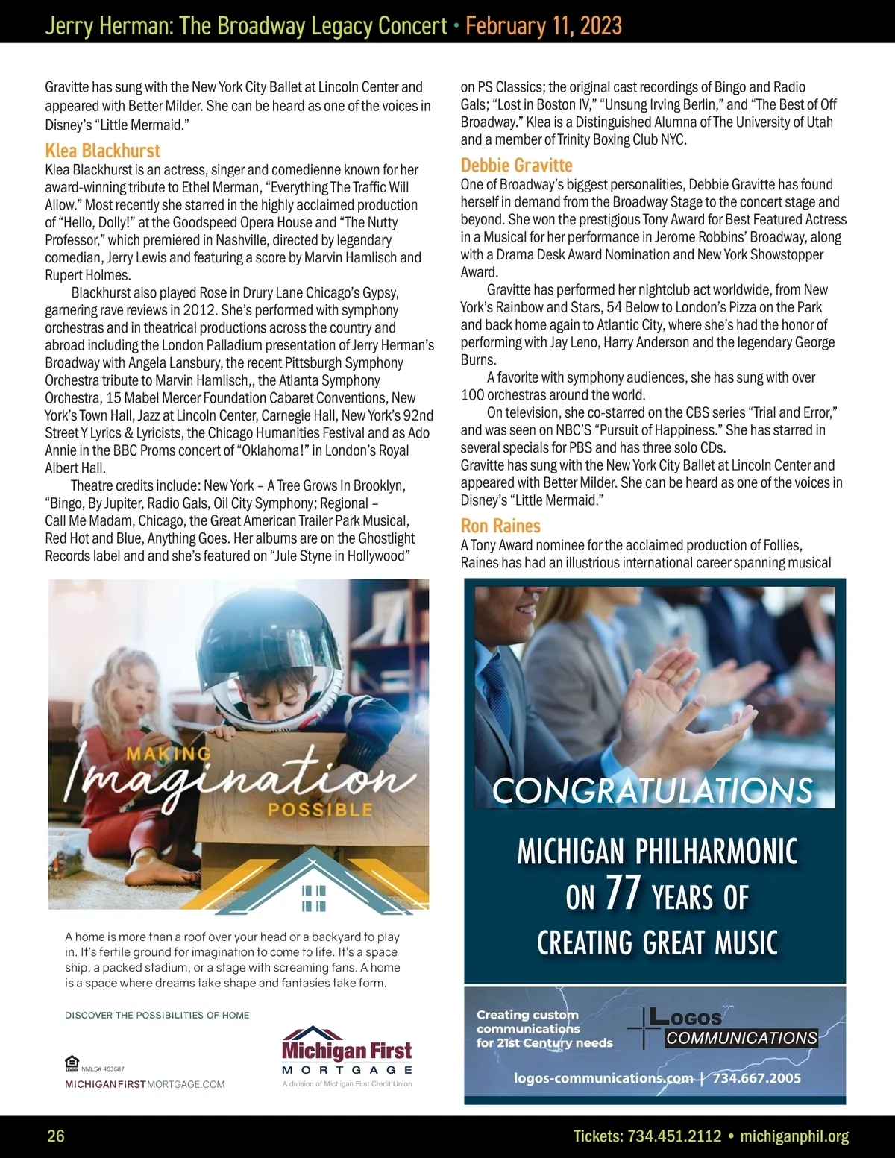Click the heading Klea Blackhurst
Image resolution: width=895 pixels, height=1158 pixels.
tap(103, 151)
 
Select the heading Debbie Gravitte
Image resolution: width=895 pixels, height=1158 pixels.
tap(517, 166)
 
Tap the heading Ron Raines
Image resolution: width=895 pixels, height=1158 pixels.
tap(500, 526)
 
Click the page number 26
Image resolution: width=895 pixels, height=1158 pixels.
tap(56, 1136)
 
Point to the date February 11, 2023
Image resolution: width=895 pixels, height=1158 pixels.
tap(544, 26)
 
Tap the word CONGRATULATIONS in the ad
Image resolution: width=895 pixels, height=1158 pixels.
tap(653, 790)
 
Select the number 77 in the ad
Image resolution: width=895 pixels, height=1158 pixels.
tap(623, 893)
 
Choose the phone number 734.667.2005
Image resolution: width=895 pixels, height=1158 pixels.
tap(756, 1078)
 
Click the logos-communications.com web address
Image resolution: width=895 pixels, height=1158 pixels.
tap(603, 1078)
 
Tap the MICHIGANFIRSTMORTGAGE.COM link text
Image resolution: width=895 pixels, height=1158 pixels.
tap(145, 1084)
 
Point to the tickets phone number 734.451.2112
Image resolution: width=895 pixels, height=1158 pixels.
tap(674, 1136)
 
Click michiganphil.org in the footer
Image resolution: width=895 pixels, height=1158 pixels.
tap(794, 1136)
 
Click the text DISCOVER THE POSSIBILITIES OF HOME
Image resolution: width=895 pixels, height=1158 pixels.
tap(157, 1015)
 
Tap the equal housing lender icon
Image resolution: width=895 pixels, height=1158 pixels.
tap(72, 1063)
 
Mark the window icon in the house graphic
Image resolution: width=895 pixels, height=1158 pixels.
tap(313, 899)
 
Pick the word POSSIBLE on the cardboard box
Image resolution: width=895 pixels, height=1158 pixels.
tap(320, 809)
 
